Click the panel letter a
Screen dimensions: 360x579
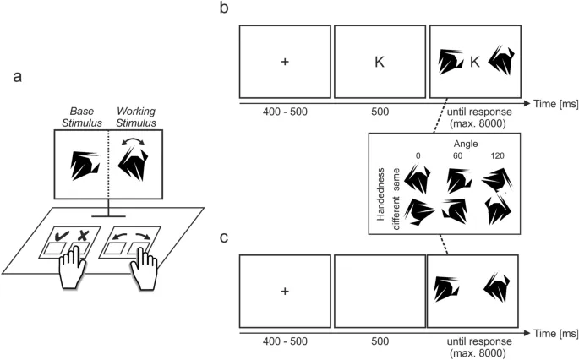(x=19, y=77)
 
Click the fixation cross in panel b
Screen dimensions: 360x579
(x=285, y=62)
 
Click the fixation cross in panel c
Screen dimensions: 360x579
(x=285, y=292)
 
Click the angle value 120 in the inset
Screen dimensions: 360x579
(x=499, y=156)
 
